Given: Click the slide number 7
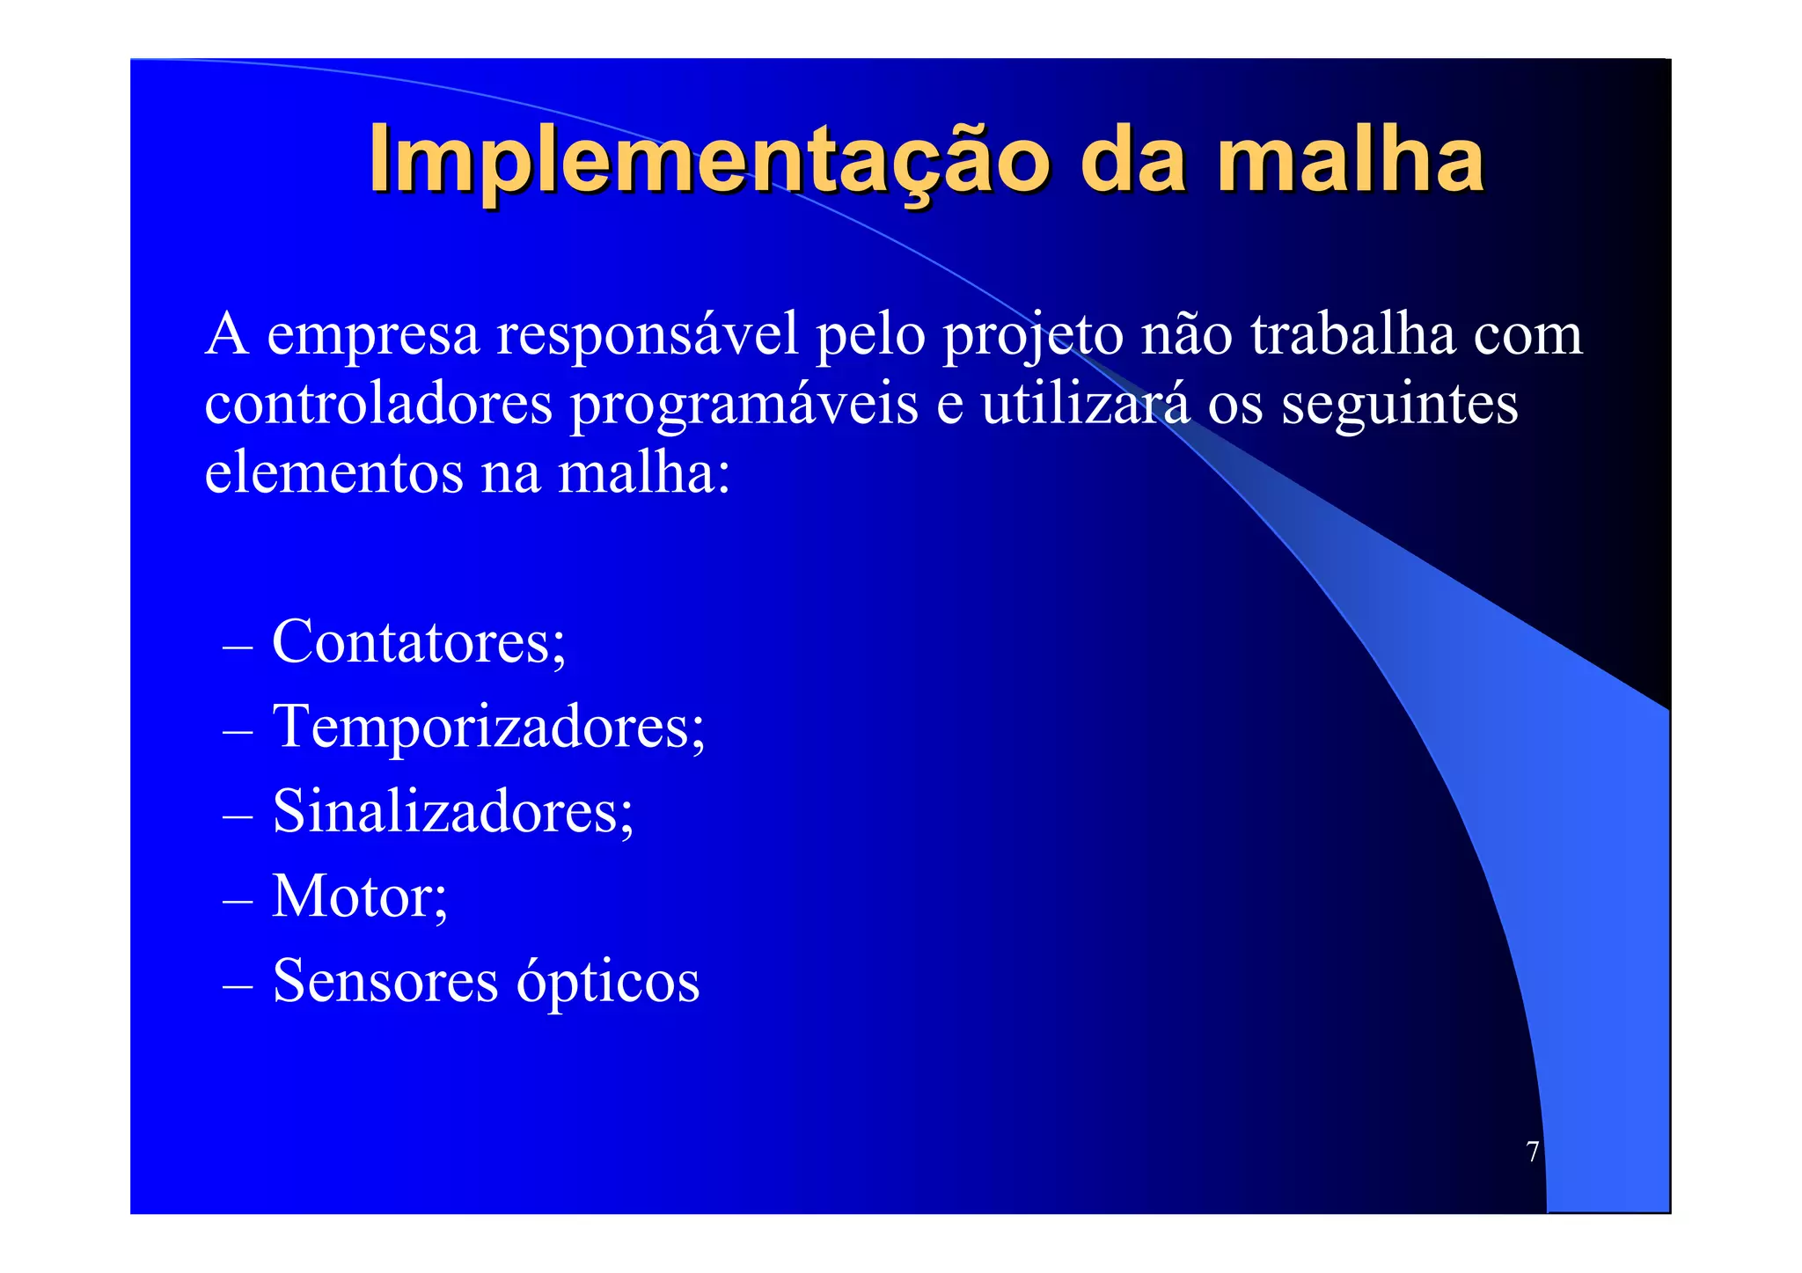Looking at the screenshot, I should (1532, 1152).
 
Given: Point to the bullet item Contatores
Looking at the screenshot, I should (419, 641).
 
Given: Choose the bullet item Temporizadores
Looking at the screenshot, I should (488, 727).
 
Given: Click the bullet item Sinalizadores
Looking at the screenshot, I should (452, 811).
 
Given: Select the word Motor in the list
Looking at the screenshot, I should (359, 896).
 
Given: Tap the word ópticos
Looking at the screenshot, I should (607, 981).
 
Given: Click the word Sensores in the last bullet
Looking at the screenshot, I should (385, 981).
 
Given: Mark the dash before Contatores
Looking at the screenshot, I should (238, 647).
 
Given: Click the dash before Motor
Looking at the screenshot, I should (238, 902).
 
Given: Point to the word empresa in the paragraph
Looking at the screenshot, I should (373, 336).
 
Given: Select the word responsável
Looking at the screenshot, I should (648, 334).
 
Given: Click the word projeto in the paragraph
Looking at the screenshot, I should (1033, 336).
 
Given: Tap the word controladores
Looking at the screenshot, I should (378, 404).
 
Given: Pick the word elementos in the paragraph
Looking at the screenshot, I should (333, 473).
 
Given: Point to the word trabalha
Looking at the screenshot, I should (1352, 334).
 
